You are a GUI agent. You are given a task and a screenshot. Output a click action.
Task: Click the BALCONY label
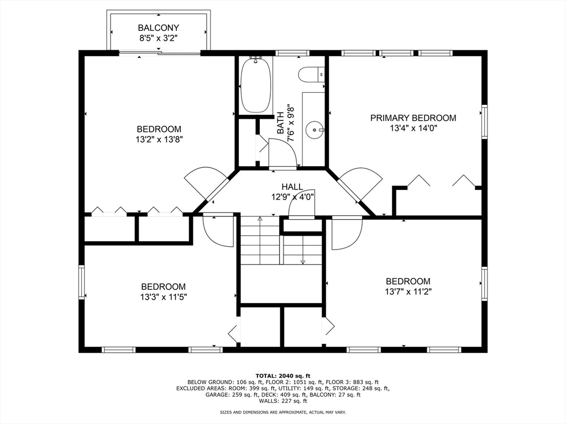click(x=159, y=28)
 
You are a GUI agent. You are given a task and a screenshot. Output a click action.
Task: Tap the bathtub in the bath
click(x=256, y=86)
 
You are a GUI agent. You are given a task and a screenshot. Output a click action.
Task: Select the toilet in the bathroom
click(x=312, y=75)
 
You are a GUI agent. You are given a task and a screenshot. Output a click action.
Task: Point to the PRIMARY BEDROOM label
click(x=413, y=118)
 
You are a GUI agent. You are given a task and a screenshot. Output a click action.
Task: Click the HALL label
click(x=292, y=187)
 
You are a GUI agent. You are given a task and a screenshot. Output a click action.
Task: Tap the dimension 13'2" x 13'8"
click(x=159, y=140)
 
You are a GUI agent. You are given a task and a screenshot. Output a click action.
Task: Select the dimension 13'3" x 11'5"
click(x=164, y=297)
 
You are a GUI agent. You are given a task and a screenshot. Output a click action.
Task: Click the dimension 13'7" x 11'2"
click(x=408, y=291)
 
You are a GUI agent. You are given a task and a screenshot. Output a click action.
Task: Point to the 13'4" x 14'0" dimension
click(x=413, y=128)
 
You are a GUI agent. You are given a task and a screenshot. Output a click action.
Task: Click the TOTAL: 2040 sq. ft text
click(x=283, y=375)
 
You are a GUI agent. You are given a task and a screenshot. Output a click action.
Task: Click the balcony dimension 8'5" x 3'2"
click(x=159, y=38)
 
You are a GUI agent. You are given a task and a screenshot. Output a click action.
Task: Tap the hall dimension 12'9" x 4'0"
click(x=292, y=197)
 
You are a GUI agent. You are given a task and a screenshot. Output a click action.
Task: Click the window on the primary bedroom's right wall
click(x=484, y=121)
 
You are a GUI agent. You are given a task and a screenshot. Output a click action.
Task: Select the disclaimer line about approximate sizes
click(x=283, y=412)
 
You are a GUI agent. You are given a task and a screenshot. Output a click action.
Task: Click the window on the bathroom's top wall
click(x=292, y=53)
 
